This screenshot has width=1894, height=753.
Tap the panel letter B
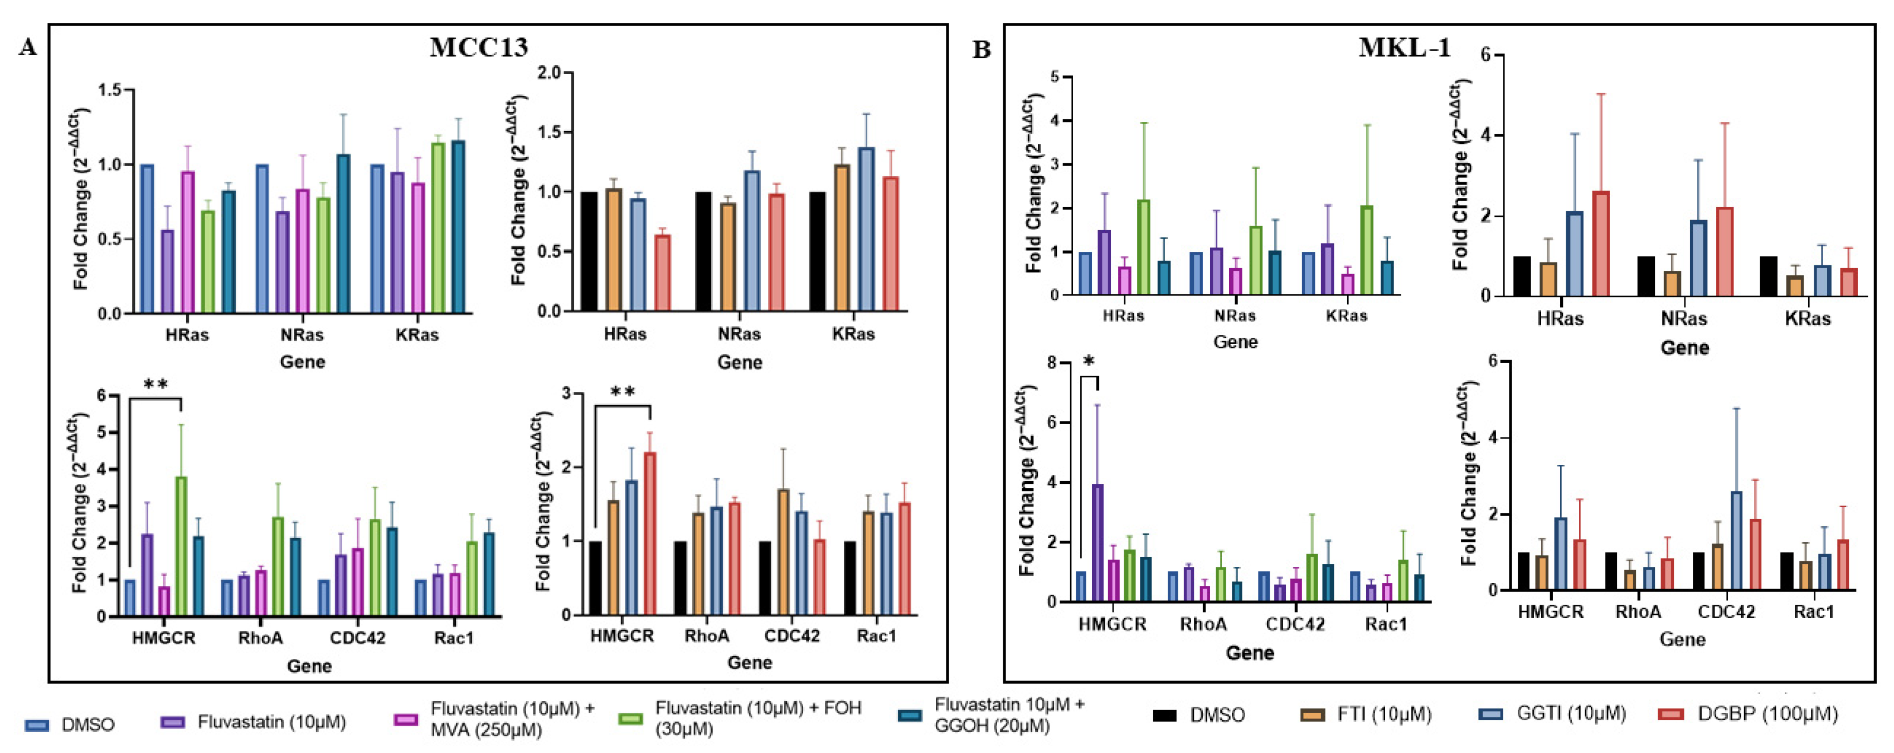click(982, 50)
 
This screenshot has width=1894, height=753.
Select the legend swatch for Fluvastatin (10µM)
click(172, 723)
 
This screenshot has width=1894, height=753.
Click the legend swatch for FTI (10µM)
click(1313, 714)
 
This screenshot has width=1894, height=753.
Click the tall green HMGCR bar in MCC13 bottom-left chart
click(181, 546)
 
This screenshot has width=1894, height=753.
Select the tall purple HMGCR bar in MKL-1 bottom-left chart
click(1097, 543)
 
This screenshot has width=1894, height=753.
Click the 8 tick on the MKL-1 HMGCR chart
click(1052, 362)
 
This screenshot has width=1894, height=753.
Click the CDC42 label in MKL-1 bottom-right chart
click(1726, 612)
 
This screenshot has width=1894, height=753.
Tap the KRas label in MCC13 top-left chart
click(417, 336)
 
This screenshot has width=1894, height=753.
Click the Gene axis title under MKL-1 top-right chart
click(1684, 347)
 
